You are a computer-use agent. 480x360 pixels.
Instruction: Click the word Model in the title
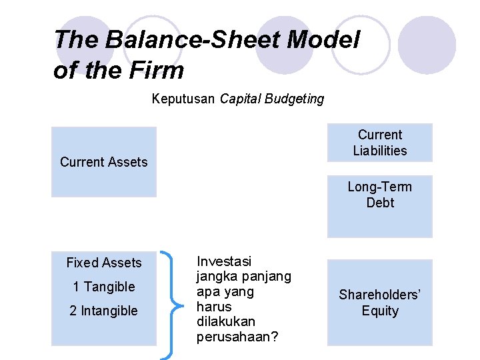323,39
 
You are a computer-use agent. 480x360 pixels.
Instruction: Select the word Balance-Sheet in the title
189,39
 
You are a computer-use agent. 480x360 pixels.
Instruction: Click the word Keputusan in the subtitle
183,99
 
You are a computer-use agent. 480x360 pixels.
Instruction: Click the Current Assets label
103,162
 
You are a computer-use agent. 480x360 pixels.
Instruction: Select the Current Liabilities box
379,143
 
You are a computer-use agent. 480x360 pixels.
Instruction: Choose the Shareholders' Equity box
379,303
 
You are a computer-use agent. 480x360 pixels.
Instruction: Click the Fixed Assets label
104,263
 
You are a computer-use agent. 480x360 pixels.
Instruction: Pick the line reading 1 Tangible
104,287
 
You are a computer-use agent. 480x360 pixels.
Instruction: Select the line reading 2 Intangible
104,311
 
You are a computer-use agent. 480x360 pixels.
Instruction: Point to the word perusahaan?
237,337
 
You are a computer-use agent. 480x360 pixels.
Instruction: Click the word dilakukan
226,321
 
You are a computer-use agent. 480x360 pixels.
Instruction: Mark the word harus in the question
214,307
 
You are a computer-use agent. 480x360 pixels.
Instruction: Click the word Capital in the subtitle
241,99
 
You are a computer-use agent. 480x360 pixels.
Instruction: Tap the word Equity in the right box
380,311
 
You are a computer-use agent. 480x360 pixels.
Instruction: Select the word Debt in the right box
380,203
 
